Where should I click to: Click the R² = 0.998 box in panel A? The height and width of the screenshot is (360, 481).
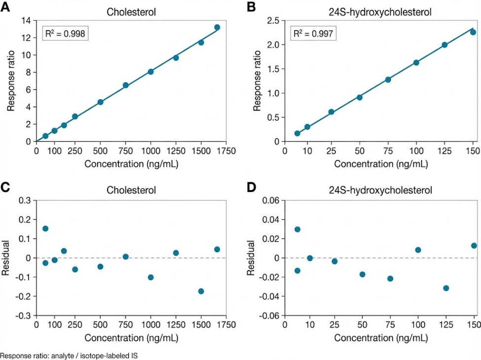point(65,34)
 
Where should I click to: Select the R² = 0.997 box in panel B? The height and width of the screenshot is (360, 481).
point(313,34)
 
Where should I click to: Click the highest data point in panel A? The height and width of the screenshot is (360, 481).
point(217,27)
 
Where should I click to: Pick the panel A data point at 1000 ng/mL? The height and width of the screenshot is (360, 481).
point(151,72)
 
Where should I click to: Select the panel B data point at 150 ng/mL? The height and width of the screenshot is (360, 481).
point(473,32)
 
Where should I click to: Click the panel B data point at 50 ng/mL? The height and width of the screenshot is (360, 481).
point(360,97)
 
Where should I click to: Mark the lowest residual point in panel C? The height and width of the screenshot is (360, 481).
point(201,291)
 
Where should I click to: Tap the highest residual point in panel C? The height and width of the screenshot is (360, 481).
point(45,229)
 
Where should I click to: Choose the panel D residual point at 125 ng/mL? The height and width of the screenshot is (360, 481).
point(446,288)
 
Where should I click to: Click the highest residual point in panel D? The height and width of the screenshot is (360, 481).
point(297,229)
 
